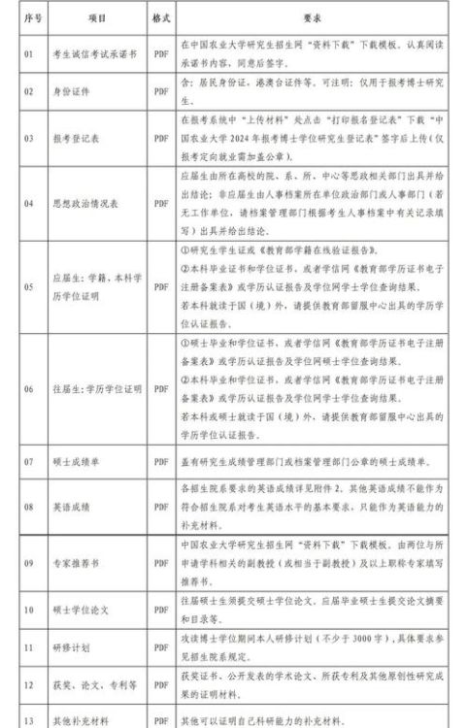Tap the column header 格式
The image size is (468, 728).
tap(160, 17)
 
